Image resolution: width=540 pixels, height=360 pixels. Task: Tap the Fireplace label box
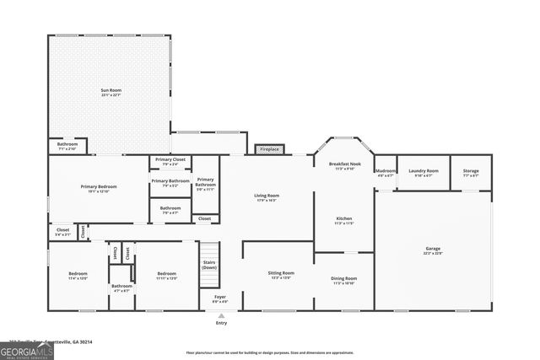pos(269,149)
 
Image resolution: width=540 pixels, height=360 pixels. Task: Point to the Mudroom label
pos(386,173)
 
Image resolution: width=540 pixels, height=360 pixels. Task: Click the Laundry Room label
pos(424,173)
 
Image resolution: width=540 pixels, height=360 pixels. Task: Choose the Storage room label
pos(471,173)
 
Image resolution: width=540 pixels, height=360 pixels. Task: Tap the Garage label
pos(433,250)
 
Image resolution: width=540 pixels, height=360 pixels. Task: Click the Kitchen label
pos(343,221)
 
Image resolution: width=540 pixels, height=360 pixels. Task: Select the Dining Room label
pos(344,281)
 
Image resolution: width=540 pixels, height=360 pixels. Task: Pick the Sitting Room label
pos(281,276)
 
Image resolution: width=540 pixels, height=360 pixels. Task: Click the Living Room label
pos(267,198)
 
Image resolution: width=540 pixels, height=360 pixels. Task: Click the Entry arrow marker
pos(221,317)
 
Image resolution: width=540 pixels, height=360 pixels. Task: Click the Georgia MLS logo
pos(27,350)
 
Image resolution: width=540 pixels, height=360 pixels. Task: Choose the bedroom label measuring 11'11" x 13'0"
pos(166,276)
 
